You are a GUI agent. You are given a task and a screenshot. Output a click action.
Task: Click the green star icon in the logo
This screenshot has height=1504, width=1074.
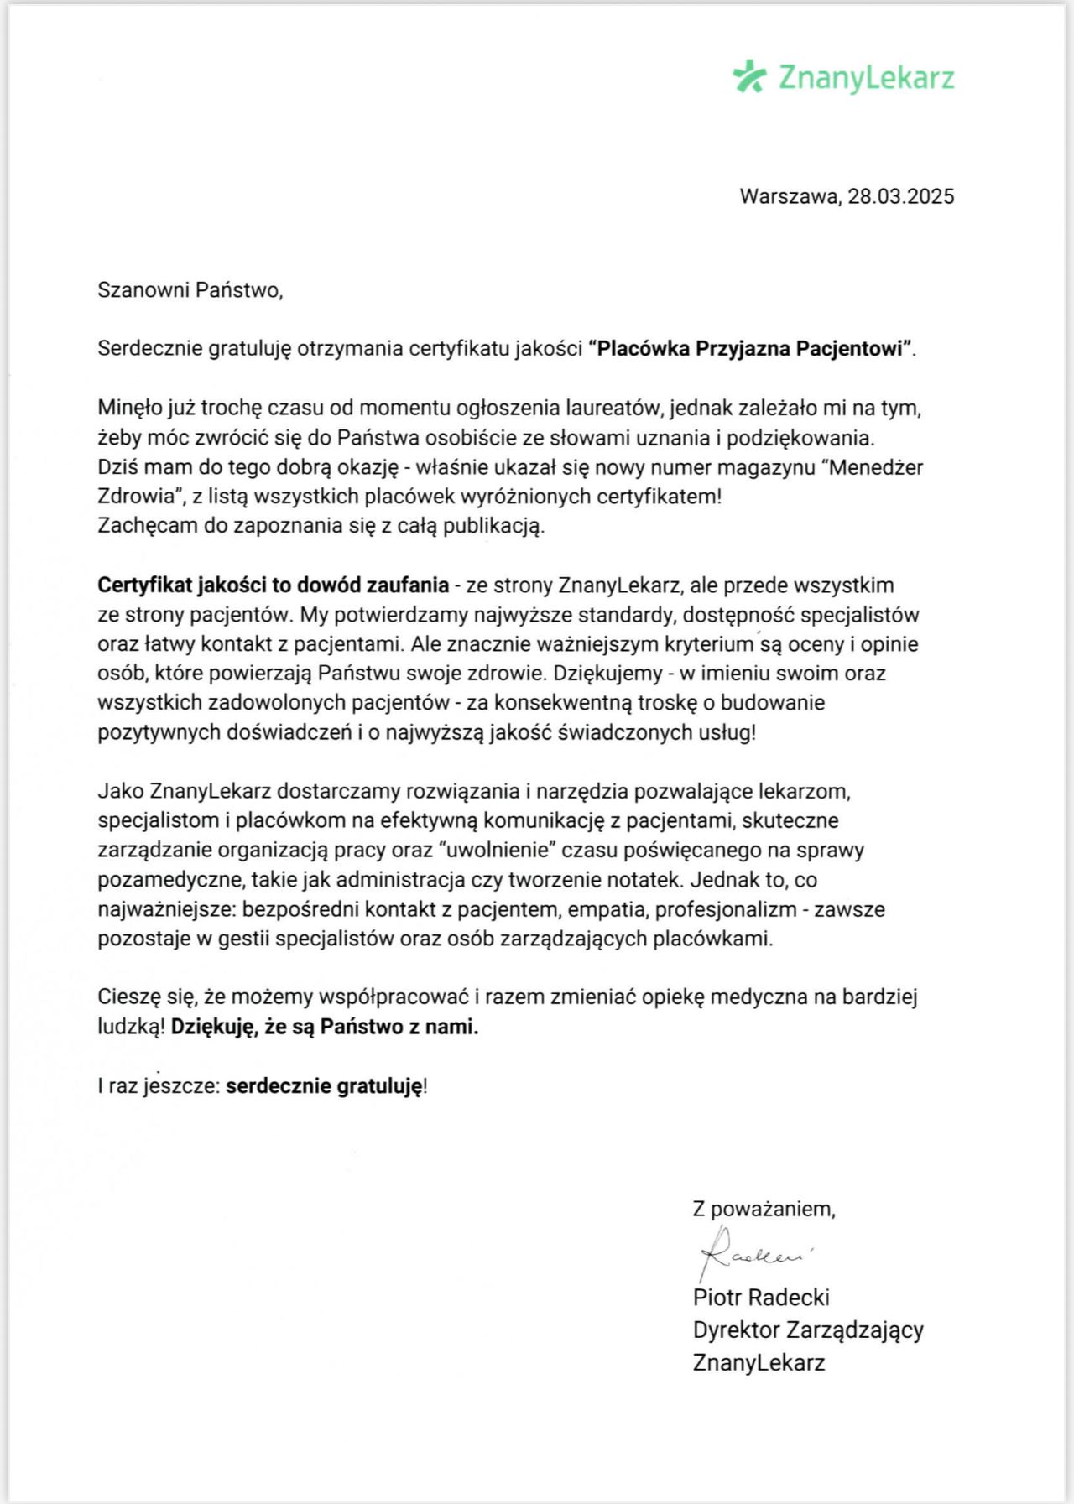tap(749, 76)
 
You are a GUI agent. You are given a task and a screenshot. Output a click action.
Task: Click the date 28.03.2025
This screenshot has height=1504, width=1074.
tap(900, 196)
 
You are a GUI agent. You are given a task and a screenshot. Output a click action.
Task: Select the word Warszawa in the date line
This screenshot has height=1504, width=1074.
tap(789, 196)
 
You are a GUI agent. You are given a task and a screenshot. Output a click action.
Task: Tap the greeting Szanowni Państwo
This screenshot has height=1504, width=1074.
tap(190, 290)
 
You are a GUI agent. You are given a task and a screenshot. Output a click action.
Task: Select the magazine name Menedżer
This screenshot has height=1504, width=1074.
tap(876, 467)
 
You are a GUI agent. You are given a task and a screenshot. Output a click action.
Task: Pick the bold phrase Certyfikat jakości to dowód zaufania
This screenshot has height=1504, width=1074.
tap(273, 585)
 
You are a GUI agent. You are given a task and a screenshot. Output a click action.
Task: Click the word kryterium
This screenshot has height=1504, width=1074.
tap(709, 644)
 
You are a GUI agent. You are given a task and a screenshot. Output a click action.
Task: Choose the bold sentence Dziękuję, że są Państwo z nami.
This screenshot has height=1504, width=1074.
tap(325, 1027)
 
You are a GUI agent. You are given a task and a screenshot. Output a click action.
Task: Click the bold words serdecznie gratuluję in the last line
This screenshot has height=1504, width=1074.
tap(324, 1086)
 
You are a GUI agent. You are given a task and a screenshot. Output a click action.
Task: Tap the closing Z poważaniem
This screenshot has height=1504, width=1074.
tap(764, 1209)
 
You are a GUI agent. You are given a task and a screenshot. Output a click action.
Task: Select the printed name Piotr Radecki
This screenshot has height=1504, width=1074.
tap(761, 1298)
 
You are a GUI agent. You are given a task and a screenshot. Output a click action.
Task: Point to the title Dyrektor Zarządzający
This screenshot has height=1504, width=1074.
tap(807, 1330)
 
